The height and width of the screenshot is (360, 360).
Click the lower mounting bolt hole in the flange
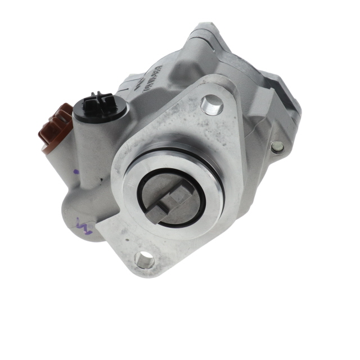tap(145, 259)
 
